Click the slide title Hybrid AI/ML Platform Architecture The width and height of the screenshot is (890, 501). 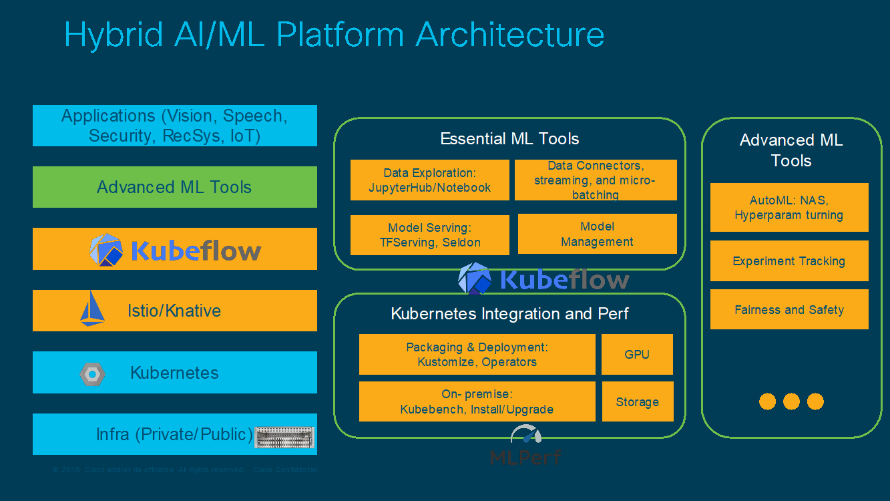(334, 35)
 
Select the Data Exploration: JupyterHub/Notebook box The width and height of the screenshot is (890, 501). (429, 180)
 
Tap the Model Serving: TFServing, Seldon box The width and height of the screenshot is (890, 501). (429, 234)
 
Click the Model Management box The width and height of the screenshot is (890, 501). (597, 234)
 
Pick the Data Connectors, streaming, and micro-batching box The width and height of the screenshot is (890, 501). (595, 180)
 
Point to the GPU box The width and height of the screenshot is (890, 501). (637, 354)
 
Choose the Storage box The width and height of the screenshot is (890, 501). (637, 401)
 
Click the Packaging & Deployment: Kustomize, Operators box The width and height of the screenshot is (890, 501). (477, 354)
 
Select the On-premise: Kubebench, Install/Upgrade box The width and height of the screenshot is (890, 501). (477, 401)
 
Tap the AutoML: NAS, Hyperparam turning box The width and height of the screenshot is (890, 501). (789, 207)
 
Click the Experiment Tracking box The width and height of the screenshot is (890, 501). (789, 261)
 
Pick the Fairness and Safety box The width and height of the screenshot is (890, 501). (789, 309)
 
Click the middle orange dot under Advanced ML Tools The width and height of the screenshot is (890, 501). (791, 401)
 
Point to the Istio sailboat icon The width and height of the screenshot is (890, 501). (92, 309)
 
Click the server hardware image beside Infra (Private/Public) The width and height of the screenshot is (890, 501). (284, 437)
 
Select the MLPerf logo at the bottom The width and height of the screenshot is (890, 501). (526, 446)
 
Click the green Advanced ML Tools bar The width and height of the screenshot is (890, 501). (174, 187)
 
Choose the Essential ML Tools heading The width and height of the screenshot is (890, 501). (509, 139)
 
